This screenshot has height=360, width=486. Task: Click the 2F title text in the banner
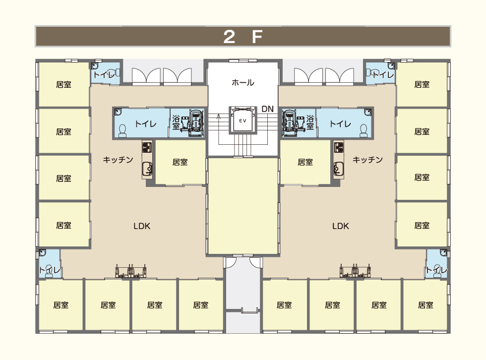pos(243,37)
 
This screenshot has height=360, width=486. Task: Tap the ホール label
pos(243,82)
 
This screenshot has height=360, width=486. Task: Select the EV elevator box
pos(243,120)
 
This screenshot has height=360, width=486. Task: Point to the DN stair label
pos(267,109)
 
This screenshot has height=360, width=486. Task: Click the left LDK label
pos(142,226)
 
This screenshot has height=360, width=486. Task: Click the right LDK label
pos(341,226)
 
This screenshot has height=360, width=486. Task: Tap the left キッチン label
pos(118,160)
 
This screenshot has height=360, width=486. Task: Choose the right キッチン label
pos(367,160)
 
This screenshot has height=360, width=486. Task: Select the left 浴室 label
pos(176,122)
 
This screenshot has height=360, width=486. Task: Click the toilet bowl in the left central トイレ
pos(123,131)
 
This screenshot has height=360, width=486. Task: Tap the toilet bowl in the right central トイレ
pos(364,131)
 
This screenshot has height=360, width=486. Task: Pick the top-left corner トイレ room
pos(105,73)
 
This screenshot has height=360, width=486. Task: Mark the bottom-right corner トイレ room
pos(437,264)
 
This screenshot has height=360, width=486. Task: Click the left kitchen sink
pos(147,169)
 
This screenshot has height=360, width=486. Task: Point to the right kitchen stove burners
pos(339,146)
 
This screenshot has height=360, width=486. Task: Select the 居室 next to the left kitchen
pos(181,162)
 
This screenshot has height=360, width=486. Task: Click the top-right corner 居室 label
pos(422,84)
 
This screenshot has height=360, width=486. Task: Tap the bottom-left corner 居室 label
pos(61,305)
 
